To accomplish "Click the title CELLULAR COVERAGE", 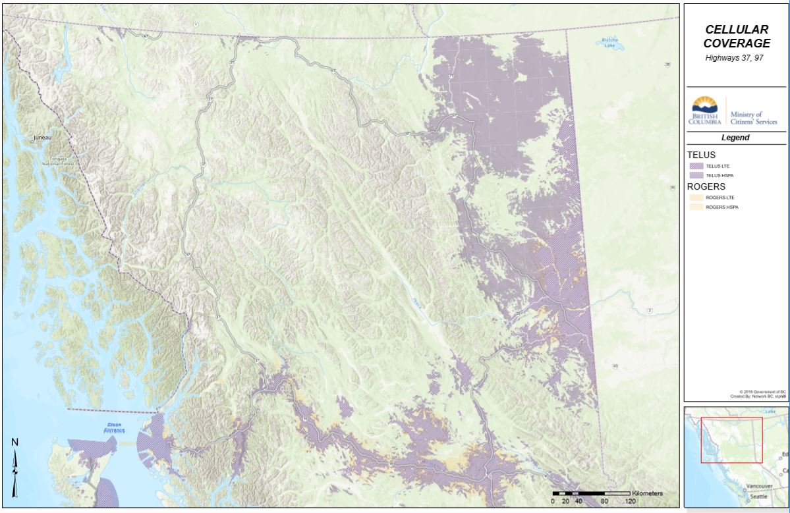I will [x=737, y=36].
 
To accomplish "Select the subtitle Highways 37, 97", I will [x=736, y=58].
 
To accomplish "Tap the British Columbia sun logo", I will [x=704, y=105].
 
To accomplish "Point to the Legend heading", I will [x=736, y=138].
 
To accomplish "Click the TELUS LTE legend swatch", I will [x=695, y=167].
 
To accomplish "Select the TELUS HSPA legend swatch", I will [x=695, y=176].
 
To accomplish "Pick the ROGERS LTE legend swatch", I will [x=695, y=197].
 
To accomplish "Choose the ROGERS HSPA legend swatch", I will [x=695, y=207].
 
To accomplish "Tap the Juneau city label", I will [x=42, y=138].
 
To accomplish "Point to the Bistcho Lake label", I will [x=609, y=43].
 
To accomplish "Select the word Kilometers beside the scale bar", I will [x=646, y=493].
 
